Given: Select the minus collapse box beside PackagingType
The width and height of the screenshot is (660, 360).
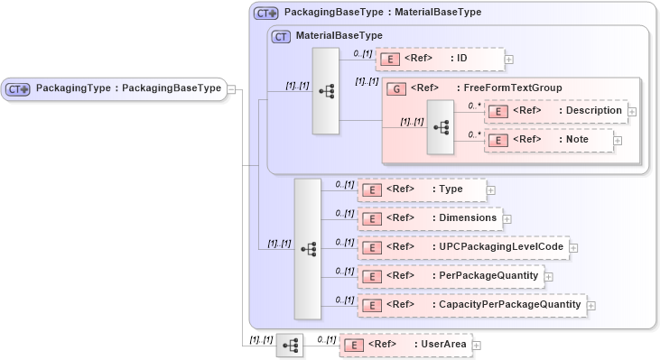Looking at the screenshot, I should pos(232,88).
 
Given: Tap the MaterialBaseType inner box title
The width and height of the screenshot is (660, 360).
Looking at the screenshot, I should pos(339,36).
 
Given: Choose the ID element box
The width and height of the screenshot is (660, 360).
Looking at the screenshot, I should pos(439,60).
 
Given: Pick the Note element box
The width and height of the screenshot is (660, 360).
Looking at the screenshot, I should pos(549,140).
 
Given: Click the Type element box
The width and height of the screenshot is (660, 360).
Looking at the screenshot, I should pos(422,189).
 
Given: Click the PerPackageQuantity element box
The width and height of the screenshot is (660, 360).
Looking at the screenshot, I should pos(451,275).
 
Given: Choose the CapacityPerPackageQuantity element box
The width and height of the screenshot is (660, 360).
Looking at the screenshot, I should pos(471,305).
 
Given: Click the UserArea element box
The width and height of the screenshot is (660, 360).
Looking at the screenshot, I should pos(405,345).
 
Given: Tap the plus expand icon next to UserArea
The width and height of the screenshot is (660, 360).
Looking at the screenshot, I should pos(477,345).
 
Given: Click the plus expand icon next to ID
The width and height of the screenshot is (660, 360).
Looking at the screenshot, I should pos(509,60).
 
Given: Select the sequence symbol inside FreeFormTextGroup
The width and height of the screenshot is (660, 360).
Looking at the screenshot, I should pos(441,127).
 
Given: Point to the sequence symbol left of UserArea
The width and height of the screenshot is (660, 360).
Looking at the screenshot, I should pos(290,345).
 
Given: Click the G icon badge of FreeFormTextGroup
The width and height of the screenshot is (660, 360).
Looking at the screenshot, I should pos(395,88).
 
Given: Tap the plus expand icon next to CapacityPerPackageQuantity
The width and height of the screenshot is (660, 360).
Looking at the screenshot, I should pos(591,306).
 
